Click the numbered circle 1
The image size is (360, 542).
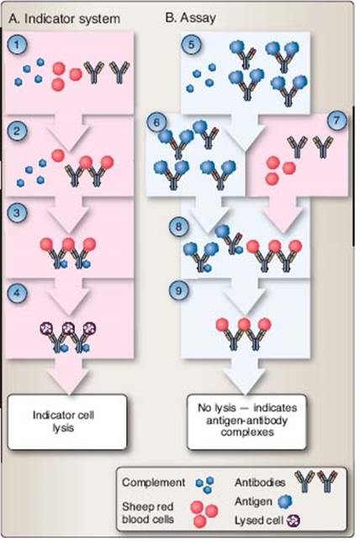tap(17, 45)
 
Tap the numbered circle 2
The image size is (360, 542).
tap(17, 131)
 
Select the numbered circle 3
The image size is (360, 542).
tap(17, 212)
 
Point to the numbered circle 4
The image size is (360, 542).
tap(17, 292)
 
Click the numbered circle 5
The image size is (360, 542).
tap(192, 45)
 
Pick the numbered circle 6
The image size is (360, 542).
tap(156, 122)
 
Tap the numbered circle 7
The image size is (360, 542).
tap(336, 120)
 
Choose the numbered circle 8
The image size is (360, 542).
tap(178, 226)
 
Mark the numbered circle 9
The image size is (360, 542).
tap(178, 290)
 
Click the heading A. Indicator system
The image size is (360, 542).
tap(65, 19)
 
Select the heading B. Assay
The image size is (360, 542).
tap(191, 18)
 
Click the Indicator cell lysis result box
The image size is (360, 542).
tap(67, 422)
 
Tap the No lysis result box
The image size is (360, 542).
tap(246, 422)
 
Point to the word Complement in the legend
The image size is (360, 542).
tap(153, 482)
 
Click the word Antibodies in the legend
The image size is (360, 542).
tap(260, 482)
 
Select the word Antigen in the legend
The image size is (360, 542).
tap(253, 502)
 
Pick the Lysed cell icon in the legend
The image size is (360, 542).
tap(294, 520)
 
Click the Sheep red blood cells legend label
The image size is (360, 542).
tap(147, 513)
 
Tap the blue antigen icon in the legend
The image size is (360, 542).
tap(284, 502)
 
